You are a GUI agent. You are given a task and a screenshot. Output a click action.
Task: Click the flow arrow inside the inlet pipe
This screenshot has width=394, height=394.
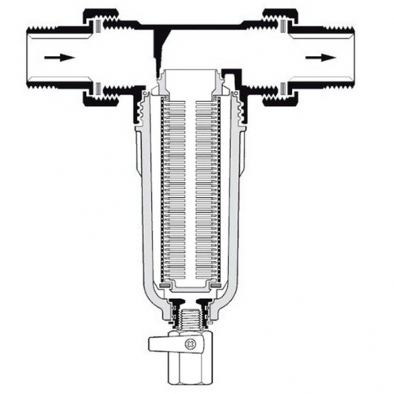coord(53,58)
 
